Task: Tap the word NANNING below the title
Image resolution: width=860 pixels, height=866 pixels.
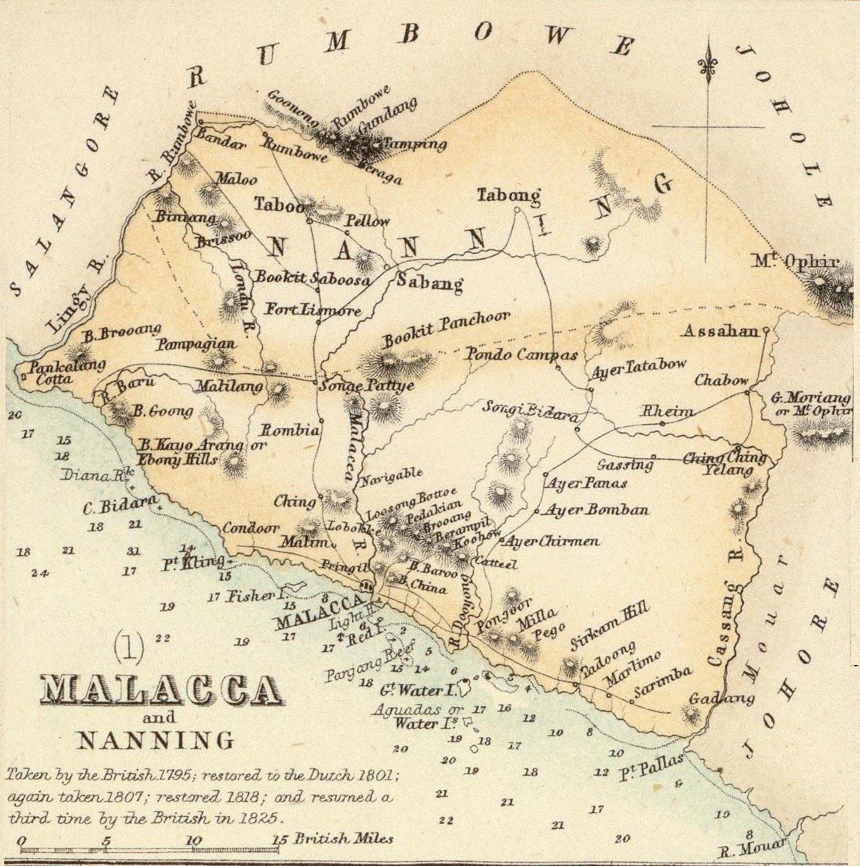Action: coord(155,740)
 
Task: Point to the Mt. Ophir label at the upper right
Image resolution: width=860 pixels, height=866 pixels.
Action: coord(795,263)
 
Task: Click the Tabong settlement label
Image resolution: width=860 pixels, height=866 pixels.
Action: coord(509,195)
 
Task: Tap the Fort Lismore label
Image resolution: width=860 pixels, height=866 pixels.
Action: coord(313,310)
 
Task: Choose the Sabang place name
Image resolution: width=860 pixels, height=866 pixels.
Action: coord(429,284)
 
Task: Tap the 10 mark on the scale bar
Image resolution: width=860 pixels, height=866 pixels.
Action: coord(195,840)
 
